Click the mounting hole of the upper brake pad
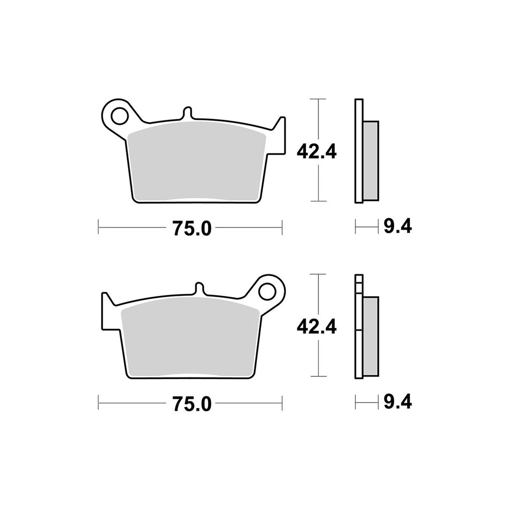click(119, 115)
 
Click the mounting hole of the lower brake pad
click(267, 291)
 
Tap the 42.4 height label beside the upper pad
click(317, 151)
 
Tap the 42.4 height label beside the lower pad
click(317, 326)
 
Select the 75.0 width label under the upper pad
click(192, 228)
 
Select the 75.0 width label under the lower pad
click(192, 403)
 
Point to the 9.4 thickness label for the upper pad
click(398, 226)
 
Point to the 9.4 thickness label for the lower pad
click(398, 402)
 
